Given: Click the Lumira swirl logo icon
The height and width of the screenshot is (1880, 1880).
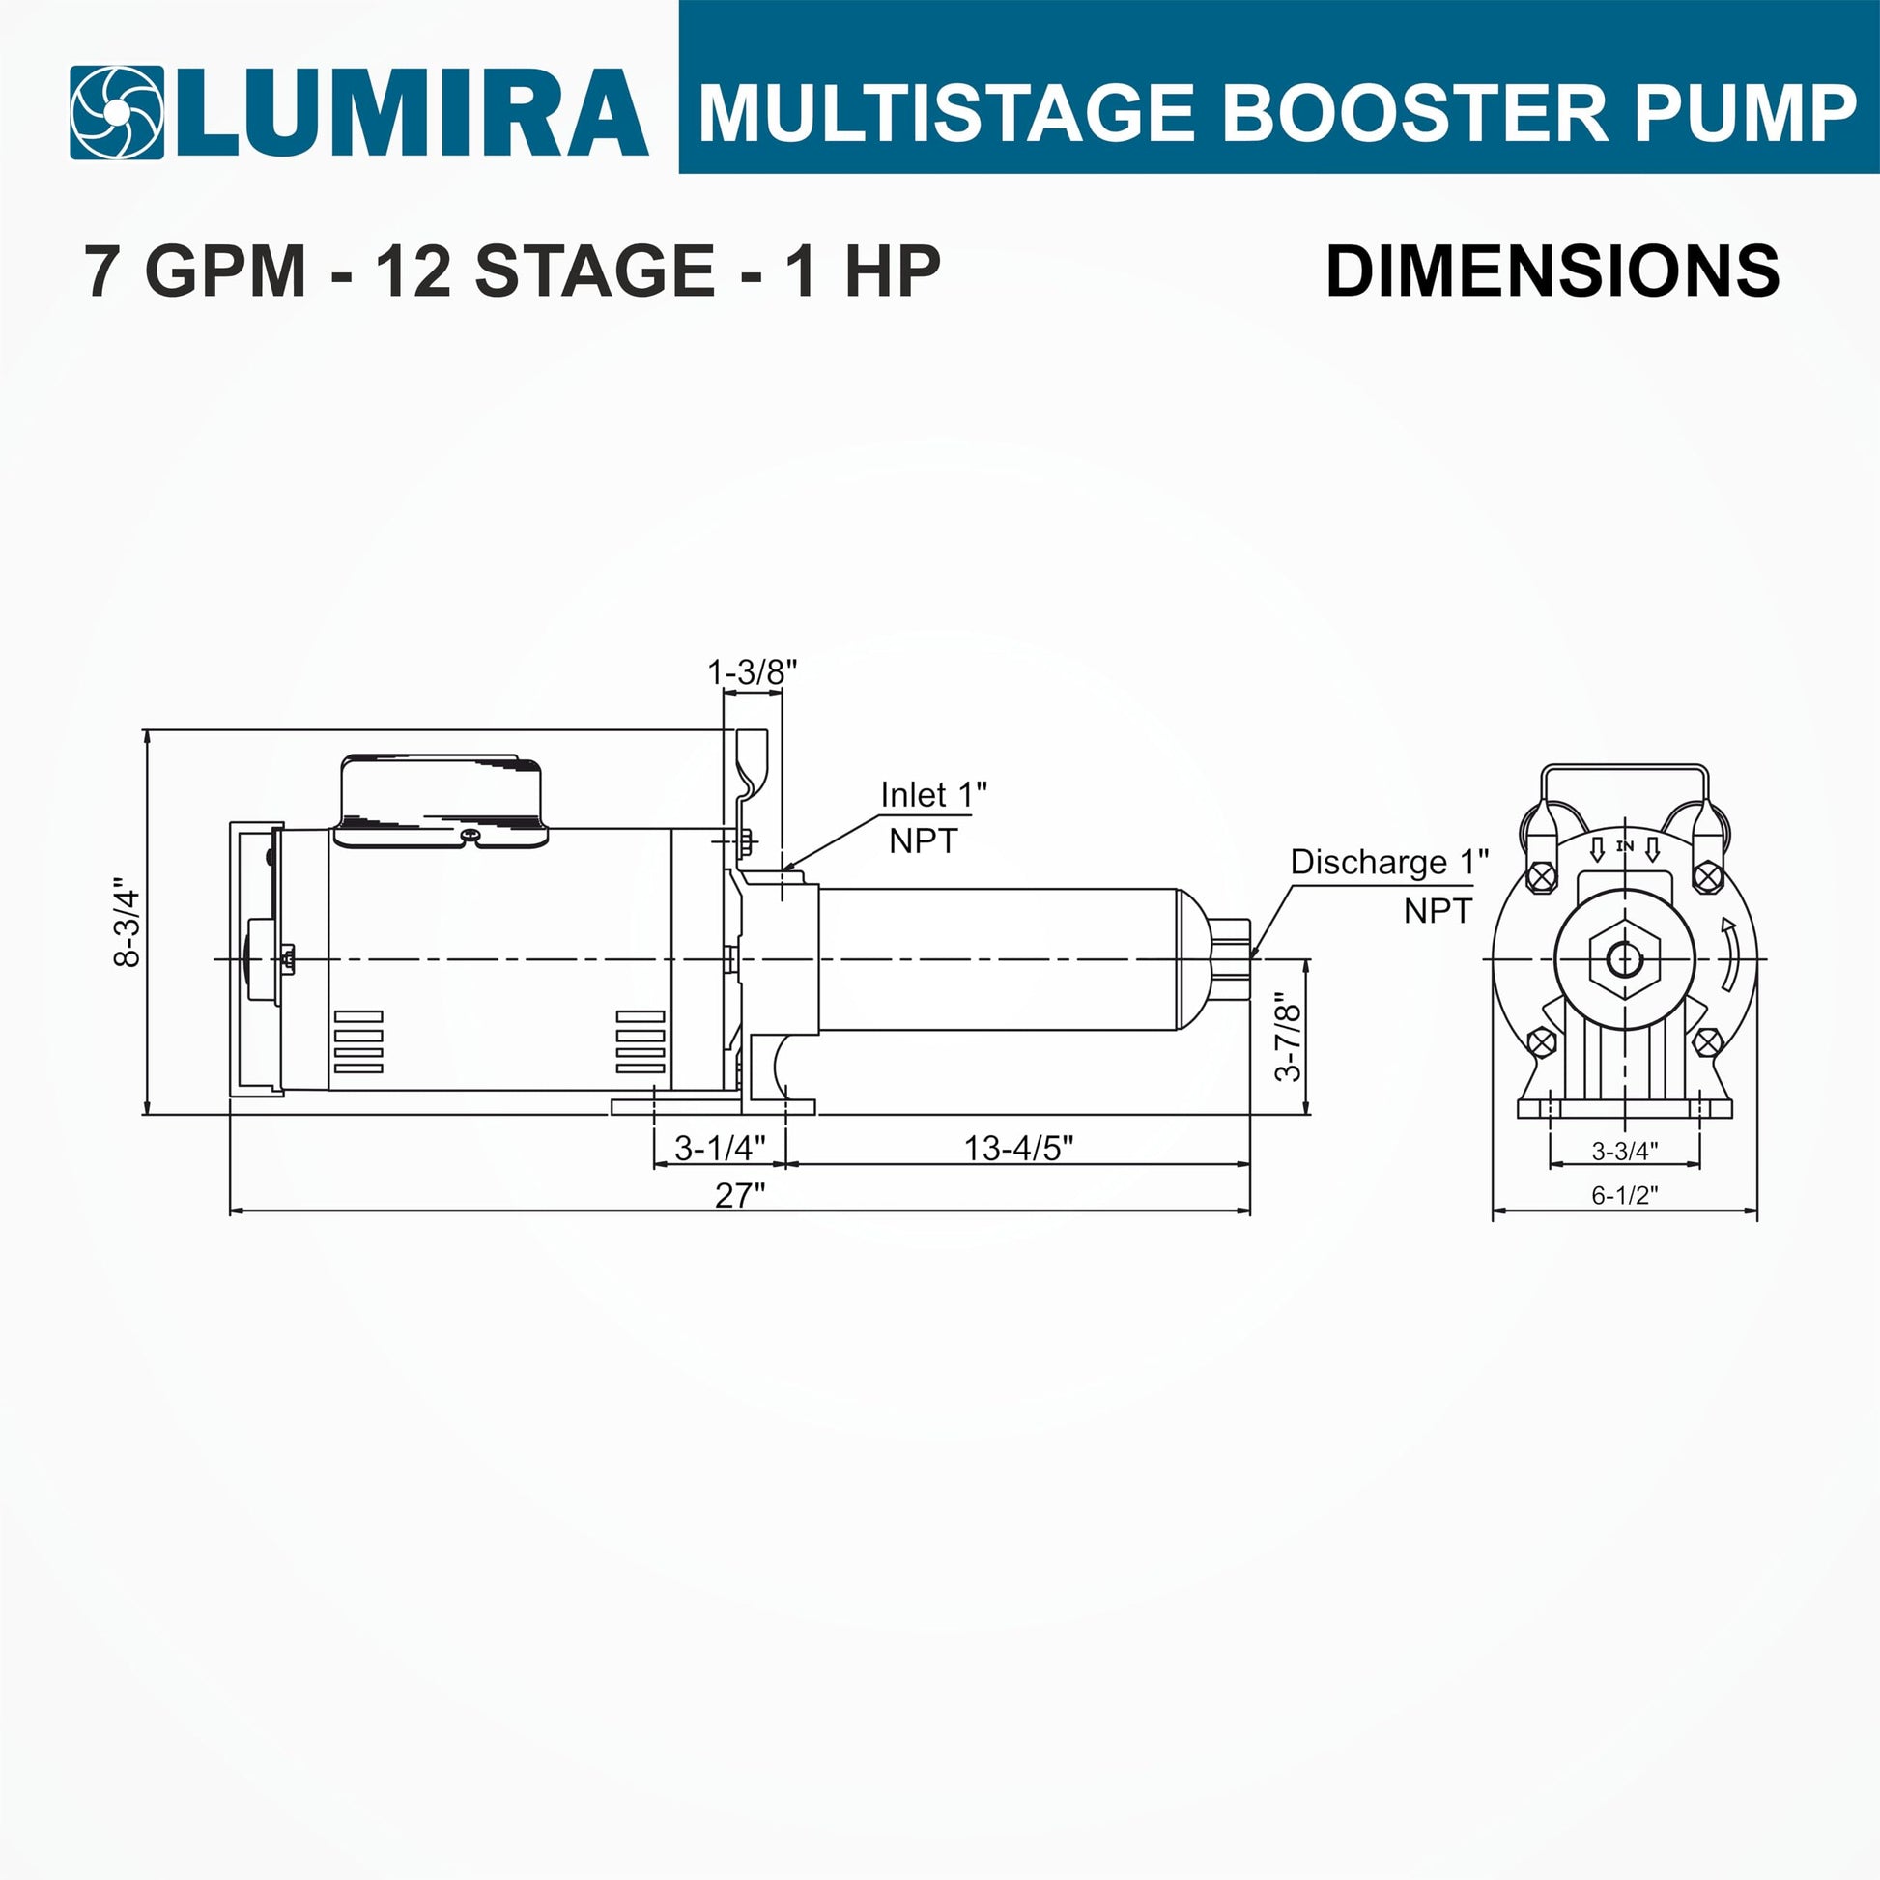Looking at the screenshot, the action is tap(117, 113).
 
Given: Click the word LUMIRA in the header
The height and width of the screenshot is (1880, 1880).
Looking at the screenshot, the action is tap(413, 113).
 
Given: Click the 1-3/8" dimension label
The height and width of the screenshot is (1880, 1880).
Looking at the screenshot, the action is tap(753, 671).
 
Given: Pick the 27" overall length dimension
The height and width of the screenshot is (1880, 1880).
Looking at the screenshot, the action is tap(741, 1195).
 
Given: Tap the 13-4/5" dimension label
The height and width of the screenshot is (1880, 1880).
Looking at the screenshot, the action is tap(1019, 1149).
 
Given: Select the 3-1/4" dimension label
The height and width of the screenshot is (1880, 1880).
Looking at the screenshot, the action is tap(720, 1149).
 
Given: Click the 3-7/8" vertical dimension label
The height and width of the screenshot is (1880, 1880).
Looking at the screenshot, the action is tap(1288, 1038).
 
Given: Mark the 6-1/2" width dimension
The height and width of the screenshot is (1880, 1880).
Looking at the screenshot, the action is tap(1624, 1195).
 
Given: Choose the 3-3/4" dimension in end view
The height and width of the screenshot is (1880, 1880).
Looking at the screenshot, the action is tap(1624, 1151).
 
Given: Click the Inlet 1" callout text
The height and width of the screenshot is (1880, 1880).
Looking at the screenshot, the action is tap(933, 795).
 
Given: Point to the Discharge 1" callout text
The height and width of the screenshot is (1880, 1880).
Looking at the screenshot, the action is tap(1389, 862).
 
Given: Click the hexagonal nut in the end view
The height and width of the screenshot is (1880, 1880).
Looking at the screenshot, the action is tap(1624, 960).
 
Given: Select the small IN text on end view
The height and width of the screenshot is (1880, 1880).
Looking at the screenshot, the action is tap(1624, 846).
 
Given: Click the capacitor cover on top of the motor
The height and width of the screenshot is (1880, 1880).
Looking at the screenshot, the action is tap(441, 800).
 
